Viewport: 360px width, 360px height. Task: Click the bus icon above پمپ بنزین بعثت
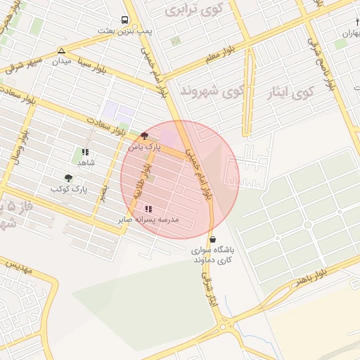pyautogui.click(x=124, y=20)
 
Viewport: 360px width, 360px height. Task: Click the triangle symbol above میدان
pyautogui.click(x=62, y=51)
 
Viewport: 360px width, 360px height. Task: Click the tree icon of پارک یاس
pyautogui.click(x=144, y=134)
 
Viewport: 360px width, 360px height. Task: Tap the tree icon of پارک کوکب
pyautogui.click(x=68, y=178)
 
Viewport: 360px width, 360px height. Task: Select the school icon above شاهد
pyautogui.click(x=85, y=151)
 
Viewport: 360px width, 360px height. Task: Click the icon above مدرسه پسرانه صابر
pyautogui.click(x=148, y=209)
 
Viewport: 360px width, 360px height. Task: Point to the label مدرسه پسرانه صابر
pyautogui.click(x=149, y=220)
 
